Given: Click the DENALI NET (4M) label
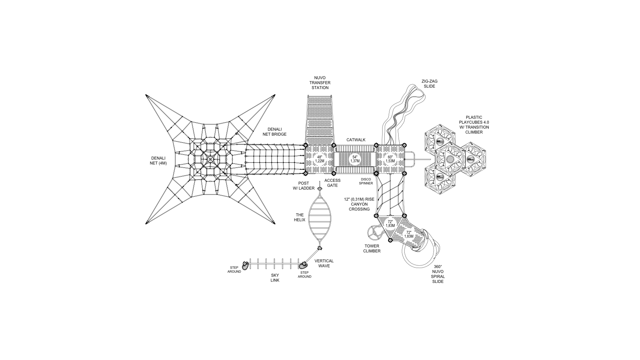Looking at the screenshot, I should point(159,160).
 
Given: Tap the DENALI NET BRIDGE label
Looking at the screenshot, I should point(277,132).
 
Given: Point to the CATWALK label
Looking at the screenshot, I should point(356,140).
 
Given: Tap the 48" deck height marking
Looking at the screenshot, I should point(319,159).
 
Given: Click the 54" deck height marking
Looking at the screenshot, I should point(355,159).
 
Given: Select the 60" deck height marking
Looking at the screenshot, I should point(390,159).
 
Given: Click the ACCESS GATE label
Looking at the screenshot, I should point(332,183).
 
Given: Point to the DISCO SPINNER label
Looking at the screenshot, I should point(366,181).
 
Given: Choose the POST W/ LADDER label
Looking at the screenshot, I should point(301,185).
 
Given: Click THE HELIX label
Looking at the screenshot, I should point(300,217).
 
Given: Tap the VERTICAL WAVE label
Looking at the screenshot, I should point(324,263).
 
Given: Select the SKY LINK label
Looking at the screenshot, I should point(275,278).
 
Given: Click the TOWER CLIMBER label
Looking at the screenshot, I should point(372,248).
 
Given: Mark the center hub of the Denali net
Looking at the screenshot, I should point(210,159).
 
